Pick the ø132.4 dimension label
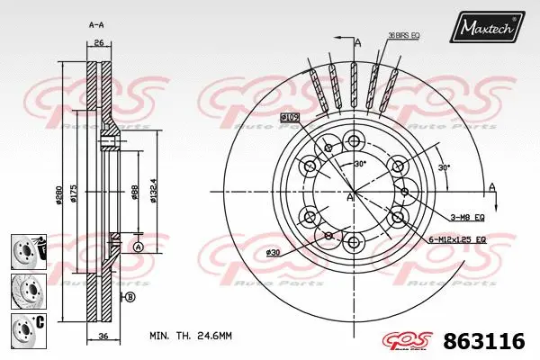click(x=155, y=190)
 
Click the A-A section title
click(x=96, y=23)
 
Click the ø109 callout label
click(x=290, y=117)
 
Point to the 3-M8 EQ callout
click(x=468, y=217)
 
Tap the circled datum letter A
click(x=139, y=247)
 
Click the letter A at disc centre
click(x=349, y=197)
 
